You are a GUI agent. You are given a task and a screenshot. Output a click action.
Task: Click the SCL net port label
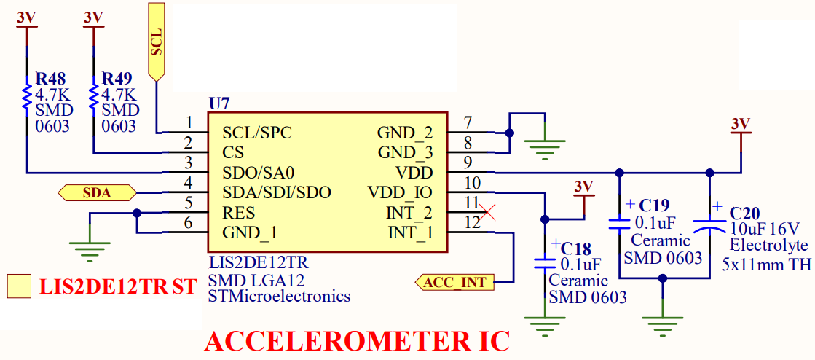click(157, 42)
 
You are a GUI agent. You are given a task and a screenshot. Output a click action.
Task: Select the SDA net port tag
click(97, 193)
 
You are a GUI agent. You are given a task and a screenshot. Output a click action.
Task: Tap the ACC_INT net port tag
click(454, 282)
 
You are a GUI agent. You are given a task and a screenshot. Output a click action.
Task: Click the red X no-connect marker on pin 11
click(489, 213)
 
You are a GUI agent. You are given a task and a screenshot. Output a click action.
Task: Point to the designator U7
click(218, 103)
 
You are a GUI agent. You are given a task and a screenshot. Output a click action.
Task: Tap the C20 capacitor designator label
click(745, 214)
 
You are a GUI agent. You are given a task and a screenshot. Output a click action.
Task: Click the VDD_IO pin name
click(400, 193)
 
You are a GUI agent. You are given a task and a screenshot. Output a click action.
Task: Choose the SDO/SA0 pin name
click(259, 173)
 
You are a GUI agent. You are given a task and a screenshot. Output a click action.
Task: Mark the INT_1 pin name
click(410, 233)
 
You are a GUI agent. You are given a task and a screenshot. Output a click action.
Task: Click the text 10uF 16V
click(765, 229)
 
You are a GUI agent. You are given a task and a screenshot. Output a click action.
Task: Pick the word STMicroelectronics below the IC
click(279, 297)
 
